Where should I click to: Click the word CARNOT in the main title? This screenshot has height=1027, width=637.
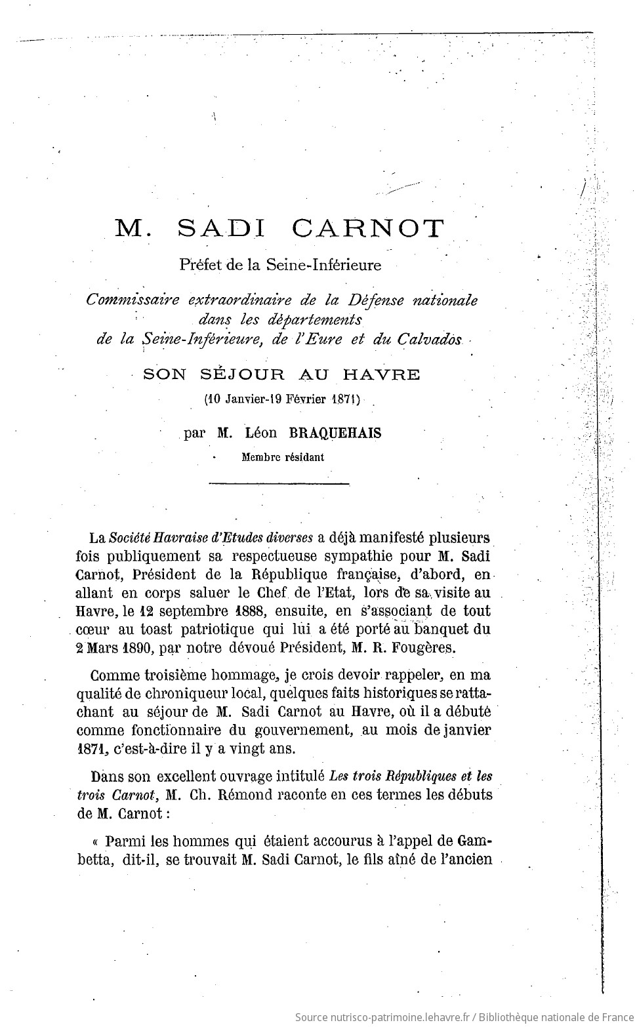(x=368, y=228)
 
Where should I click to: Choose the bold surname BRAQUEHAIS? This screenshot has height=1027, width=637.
(x=340, y=433)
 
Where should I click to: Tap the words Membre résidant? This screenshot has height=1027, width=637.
(x=283, y=457)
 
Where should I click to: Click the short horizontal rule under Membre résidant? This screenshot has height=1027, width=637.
(x=278, y=485)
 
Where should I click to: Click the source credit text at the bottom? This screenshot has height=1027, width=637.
(x=462, y=1017)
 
